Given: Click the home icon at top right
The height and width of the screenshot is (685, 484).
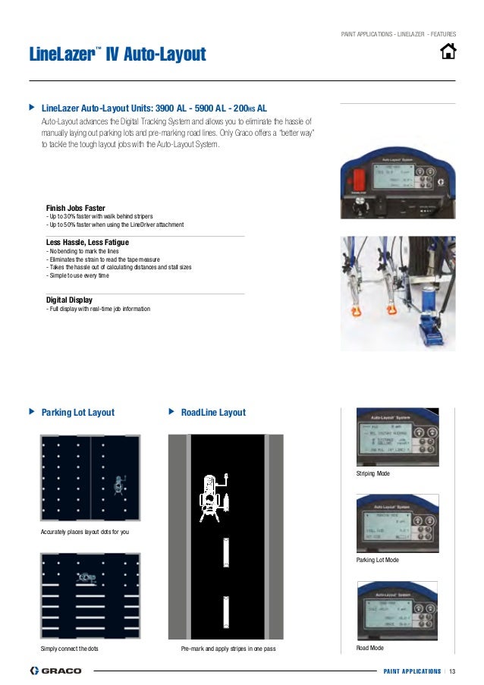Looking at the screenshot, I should coord(448,52).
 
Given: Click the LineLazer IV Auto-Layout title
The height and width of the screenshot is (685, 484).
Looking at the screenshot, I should coord(117,55).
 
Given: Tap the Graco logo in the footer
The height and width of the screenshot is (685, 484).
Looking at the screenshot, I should coord(55,671).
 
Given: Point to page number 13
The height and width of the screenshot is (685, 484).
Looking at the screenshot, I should coord(452,671).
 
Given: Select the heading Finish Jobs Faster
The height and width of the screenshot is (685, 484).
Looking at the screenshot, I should coord(75,208).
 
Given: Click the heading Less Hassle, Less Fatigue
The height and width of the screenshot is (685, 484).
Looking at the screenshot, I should coord(87,242).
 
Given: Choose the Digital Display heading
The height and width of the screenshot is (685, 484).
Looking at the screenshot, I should coord(69,300).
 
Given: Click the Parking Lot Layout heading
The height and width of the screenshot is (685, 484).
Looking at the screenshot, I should coord(77,413).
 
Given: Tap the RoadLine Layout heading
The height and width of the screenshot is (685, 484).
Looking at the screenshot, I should coord(213,413).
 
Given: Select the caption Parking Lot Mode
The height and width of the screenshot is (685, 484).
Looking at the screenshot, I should coord(377,560).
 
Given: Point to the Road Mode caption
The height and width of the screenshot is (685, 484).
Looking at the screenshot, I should coord(369,648).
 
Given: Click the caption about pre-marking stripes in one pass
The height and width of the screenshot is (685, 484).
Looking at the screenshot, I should coord(228,650).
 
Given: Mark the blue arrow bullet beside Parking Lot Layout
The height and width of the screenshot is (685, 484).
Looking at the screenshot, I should coord(31,412).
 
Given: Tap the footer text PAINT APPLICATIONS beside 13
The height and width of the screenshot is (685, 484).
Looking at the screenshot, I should coord(411,671).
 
